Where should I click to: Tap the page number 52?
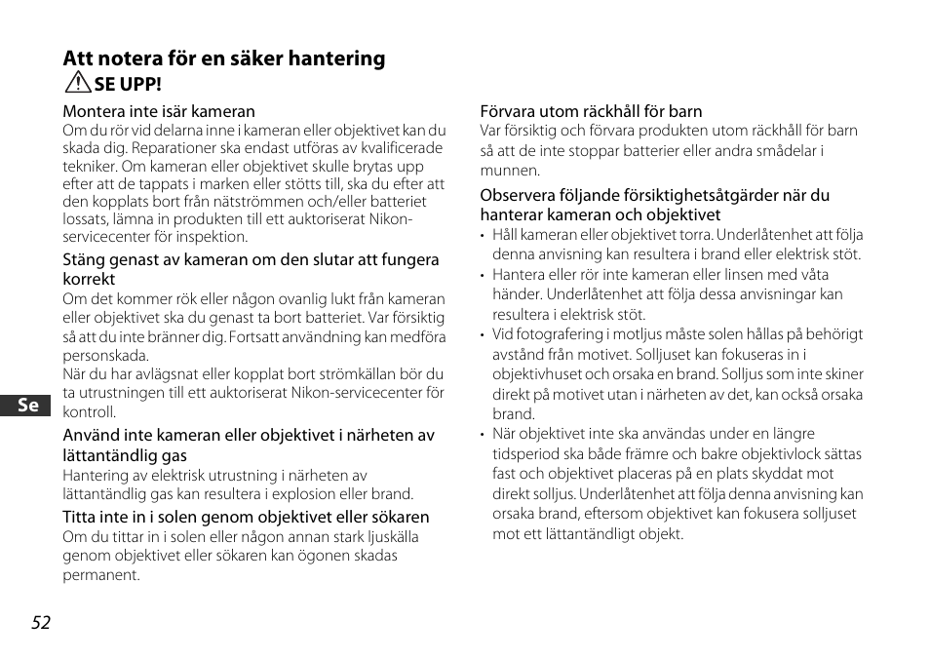(40, 623)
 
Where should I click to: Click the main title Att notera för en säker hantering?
(224, 58)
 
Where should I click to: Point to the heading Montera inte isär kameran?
(159, 111)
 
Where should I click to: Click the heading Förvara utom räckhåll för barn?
(591, 111)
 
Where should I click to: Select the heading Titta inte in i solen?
(246, 517)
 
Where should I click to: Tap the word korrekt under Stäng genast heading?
(89, 279)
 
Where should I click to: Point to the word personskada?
(105, 356)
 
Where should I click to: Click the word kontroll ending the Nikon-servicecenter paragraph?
(89, 412)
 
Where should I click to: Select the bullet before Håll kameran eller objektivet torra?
(484, 235)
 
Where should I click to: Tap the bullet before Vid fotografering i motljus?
(484, 334)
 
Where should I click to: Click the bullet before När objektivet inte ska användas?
(484, 434)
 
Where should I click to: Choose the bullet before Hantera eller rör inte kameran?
(484, 275)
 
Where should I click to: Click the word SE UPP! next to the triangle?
(128, 85)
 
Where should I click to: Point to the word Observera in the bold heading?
(518, 195)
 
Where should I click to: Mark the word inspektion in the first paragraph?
(213, 236)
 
